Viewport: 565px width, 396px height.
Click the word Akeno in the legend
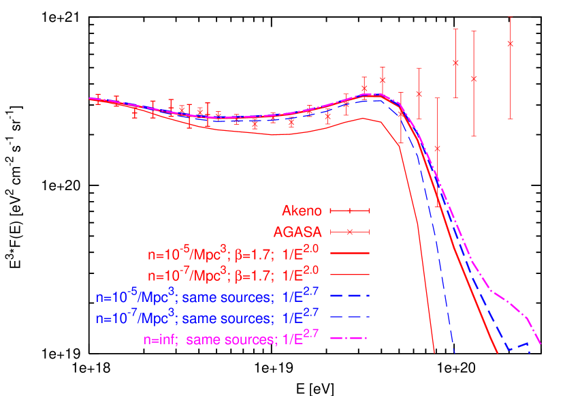point(302,211)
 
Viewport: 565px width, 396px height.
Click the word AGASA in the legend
point(297,232)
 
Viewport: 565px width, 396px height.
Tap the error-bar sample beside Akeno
point(349,211)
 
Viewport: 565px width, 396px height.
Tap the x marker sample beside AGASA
point(349,232)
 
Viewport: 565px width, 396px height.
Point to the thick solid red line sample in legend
point(349,254)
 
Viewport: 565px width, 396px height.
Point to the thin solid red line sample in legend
point(349,275)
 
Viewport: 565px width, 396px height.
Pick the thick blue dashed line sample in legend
point(349,296)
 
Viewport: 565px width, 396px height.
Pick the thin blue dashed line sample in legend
point(349,317)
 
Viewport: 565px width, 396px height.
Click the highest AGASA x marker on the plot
point(511,44)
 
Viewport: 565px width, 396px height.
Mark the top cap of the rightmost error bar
point(511,17)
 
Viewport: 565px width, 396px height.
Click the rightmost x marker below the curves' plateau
point(437,148)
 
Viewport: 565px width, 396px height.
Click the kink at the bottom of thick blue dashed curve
point(508,350)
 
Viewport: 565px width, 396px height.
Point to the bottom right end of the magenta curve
point(540,344)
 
